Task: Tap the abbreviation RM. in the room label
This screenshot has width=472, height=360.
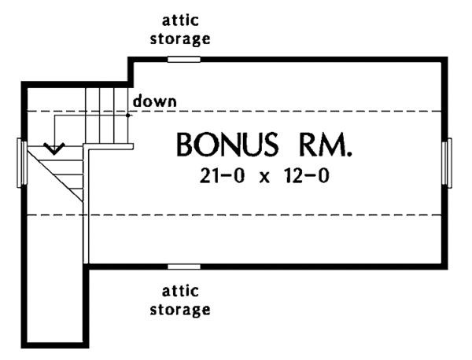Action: [323, 146]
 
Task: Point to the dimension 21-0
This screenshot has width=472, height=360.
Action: [217, 176]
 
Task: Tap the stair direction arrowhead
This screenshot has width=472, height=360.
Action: [54, 147]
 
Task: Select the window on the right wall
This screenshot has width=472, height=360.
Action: [448, 162]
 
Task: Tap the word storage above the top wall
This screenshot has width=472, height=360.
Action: [185, 37]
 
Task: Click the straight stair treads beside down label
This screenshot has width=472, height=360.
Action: [109, 114]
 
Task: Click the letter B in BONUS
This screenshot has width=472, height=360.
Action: [185, 146]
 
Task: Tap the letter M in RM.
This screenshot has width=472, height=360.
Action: [330, 146]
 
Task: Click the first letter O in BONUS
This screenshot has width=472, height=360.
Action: [206, 146]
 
